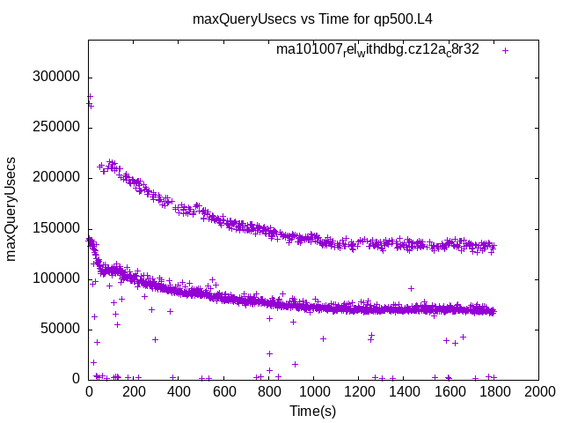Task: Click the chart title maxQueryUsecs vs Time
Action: click(x=312, y=19)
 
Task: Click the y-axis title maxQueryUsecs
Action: click(x=11, y=209)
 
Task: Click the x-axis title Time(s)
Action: click(x=312, y=411)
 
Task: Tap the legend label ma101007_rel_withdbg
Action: click(x=377, y=49)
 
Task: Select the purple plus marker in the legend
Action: click(x=505, y=50)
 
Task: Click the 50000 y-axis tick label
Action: click(x=62, y=329)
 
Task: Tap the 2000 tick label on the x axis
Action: click(x=538, y=392)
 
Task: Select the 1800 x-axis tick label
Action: click(x=494, y=392)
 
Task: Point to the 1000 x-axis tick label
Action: click(x=313, y=392)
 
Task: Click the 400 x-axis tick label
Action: click(x=179, y=392)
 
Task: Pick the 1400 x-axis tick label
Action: click(x=404, y=392)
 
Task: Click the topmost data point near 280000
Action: click(x=90, y=96)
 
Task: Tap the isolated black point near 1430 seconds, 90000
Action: click(x=411, y=288)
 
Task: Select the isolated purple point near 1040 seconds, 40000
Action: click(x=323, y=338)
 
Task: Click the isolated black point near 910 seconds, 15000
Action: click(x=295, y=364)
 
